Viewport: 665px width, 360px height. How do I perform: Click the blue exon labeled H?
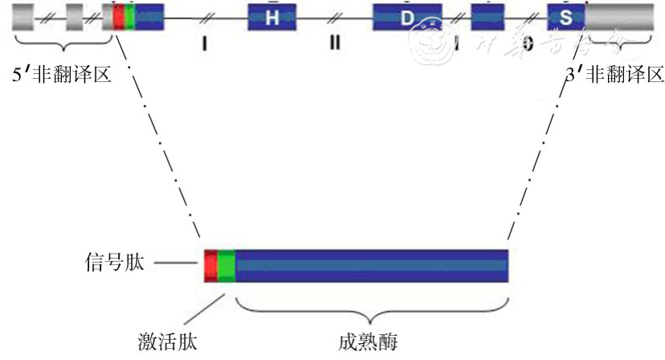pyautogui.click(x=271, y=17)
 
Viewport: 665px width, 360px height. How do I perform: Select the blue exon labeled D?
pyautogui.click(x=406, y=17)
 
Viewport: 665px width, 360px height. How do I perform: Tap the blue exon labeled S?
pyautogui.click(x=565, y=17)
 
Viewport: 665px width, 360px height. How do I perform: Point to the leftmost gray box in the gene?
pyautogui.click(x=23, y=17)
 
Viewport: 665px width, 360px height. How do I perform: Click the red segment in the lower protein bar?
pyautogui.click(x=210, y=266)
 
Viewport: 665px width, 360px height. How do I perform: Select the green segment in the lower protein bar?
pyautogui.click(x=226, y=266)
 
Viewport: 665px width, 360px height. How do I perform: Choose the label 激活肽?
pyautogui.click(x=166, y=342)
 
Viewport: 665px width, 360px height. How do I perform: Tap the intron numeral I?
pyautogui.click(x=205, y=45)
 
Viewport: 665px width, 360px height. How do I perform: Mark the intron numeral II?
pyautogui.click(x=334, y=43)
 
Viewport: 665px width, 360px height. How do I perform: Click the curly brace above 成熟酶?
pyautogui.click(x=370, y=306)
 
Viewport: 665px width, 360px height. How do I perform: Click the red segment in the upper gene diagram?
pyautogui.click(x=119, y=17)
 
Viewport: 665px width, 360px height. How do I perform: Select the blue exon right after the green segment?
pyautogui.click(x=150, y=17)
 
